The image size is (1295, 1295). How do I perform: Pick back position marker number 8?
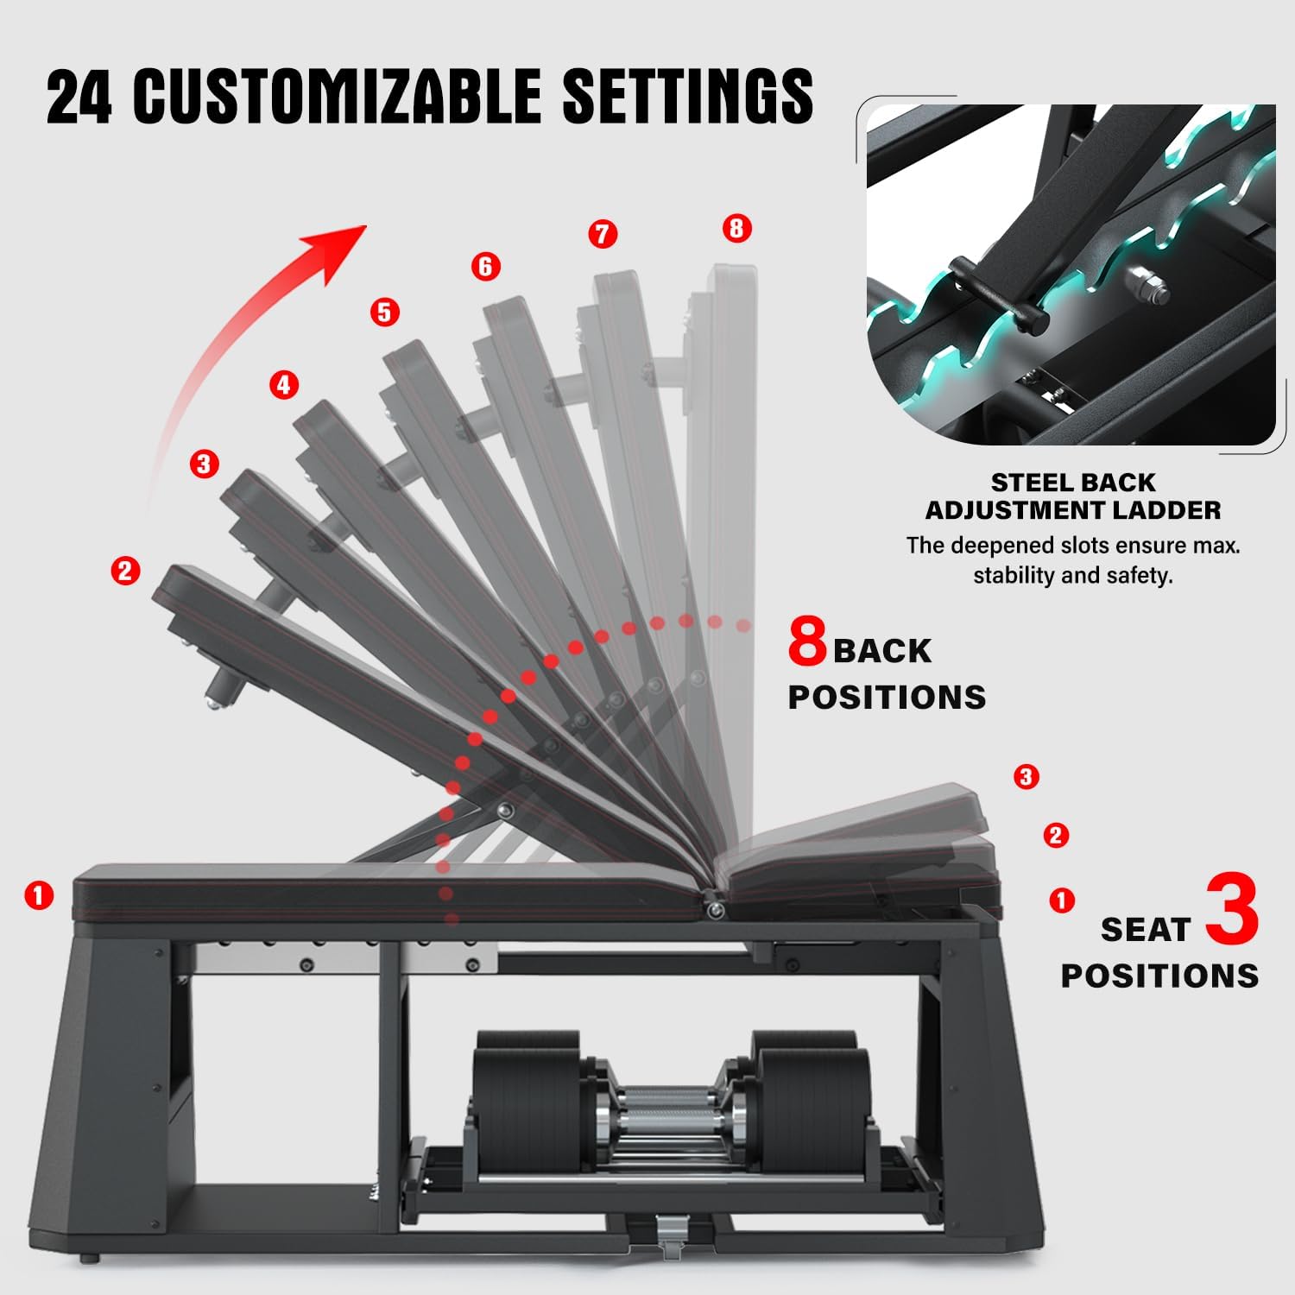(736, 228)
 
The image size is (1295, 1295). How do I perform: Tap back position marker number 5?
(384, 312)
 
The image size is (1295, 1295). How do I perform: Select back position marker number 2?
(125, 571)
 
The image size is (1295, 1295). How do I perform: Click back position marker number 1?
(39, 895)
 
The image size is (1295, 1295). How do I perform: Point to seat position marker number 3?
(1026, 777)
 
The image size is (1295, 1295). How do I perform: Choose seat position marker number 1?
(1061, 900)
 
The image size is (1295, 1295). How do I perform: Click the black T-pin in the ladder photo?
(998, 294)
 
